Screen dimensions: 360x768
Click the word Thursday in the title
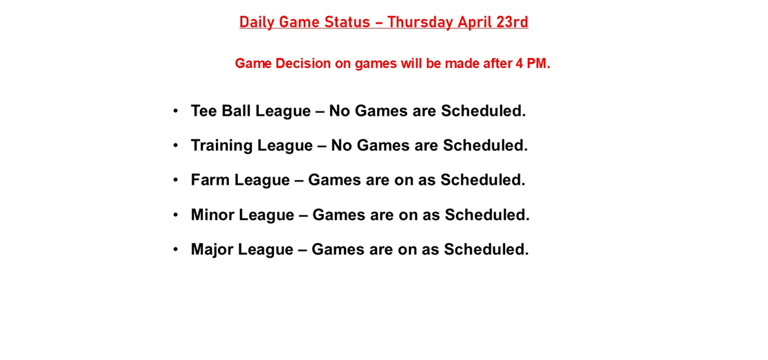tap(419, 22)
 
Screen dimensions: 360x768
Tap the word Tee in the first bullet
tap(204, 111)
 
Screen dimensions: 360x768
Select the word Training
tap(221, 145)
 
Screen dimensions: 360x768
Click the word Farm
tap(210, 180)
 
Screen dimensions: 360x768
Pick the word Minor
tap(212, 215)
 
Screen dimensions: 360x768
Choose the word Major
tap(212, 249)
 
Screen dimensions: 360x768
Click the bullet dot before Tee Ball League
tap(176, 111)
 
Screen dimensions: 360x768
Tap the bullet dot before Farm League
tap(176, 180)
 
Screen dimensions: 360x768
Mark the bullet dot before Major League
tap(176, 249)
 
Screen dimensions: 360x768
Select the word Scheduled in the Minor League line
tap(486, 215)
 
